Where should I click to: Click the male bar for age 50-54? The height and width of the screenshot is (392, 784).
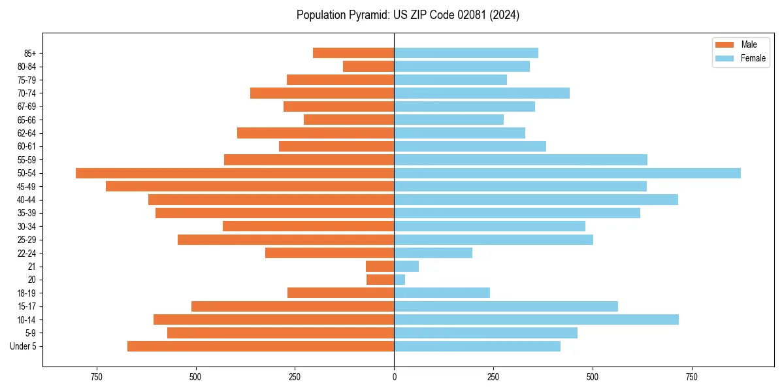[x=235, y=173]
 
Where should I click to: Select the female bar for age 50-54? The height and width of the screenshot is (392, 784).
[x=567, y=173]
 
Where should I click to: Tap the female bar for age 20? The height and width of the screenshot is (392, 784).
[x=400, y=280]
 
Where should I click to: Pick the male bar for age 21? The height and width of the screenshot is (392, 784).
[x=380, y=267]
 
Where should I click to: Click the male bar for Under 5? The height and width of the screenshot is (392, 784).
[x=261, y=346]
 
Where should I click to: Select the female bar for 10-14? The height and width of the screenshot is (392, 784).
[x=536, y=319]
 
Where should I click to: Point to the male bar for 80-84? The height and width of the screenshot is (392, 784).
[x=368, y=67]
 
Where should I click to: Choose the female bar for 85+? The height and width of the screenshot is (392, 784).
[x=466, y=53]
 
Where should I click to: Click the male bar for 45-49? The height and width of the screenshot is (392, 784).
[x=250, y=186]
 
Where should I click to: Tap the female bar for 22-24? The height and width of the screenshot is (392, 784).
[x=433, y=253]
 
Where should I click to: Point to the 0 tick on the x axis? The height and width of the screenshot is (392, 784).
[x=394, y=377]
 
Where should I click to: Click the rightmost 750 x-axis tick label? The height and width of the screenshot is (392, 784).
[x=691, y=377]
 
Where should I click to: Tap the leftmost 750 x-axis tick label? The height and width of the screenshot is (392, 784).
[x=97, y=377]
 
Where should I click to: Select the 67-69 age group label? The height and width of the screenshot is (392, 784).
[x=27, y=106]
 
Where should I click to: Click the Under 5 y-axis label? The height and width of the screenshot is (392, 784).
[x=23, y=346]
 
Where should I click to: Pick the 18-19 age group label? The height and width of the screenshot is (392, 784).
[x=27, y=293]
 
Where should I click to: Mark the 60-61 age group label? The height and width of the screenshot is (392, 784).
[x=27, y=146]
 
